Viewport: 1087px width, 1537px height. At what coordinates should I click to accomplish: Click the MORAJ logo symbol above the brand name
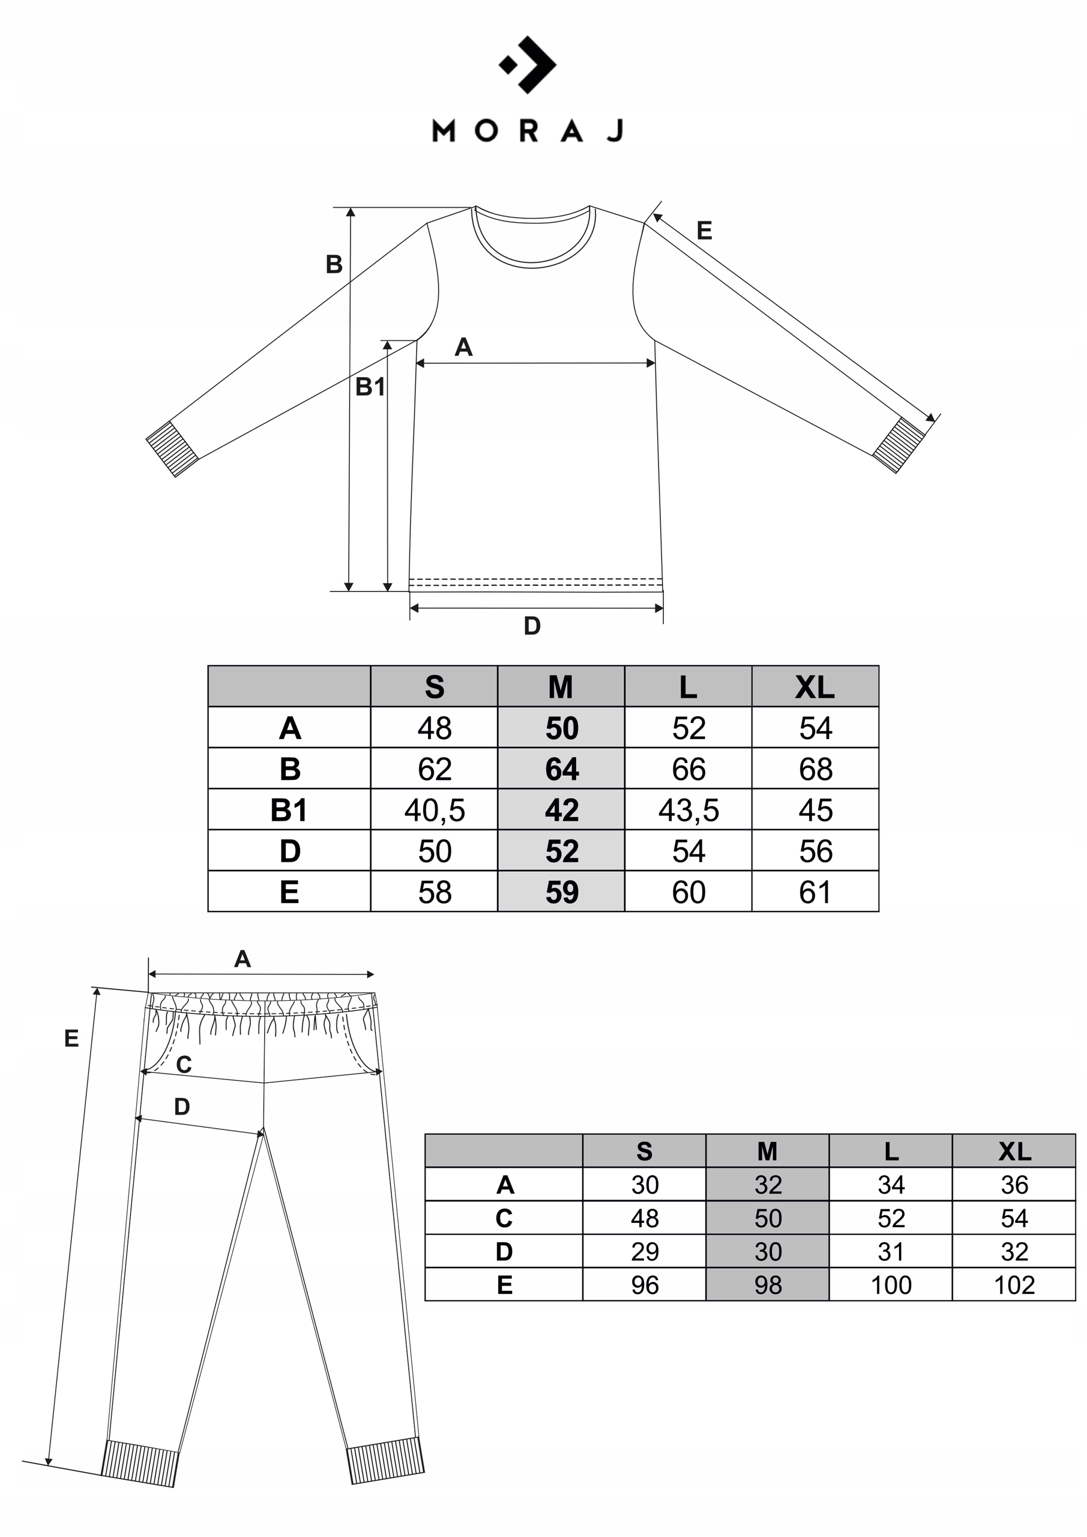point(528,64)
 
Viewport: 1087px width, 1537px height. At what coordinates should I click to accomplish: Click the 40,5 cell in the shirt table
point(435,810)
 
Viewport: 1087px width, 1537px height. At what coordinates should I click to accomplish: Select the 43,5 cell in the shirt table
point(688,810)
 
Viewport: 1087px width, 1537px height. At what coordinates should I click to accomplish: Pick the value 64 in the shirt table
point(562,769)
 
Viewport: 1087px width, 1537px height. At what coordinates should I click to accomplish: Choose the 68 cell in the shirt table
point(815,769)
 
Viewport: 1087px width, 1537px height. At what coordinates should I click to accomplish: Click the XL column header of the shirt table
point(815,687)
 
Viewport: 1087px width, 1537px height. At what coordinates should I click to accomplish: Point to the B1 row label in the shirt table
point(289,810)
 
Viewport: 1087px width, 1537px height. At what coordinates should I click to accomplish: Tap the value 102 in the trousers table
point(1014,1285)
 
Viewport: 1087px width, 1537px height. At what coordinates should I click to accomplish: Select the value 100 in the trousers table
point(891,1285)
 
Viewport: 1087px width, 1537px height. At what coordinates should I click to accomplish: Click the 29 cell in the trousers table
point(645,1252)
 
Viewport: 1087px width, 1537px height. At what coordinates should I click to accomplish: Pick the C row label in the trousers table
point(504,1218)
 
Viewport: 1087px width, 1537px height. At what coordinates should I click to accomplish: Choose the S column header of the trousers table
point(645,1152)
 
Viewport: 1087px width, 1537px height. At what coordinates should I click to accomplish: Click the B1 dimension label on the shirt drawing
point(370,387)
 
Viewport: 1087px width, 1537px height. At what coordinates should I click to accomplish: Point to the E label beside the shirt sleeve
point(704,231)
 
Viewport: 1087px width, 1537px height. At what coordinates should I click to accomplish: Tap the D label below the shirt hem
point(532,626)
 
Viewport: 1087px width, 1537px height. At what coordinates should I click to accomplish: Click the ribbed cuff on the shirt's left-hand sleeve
point(173,448)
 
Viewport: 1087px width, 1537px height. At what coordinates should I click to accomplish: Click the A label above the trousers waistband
point(242,959)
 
